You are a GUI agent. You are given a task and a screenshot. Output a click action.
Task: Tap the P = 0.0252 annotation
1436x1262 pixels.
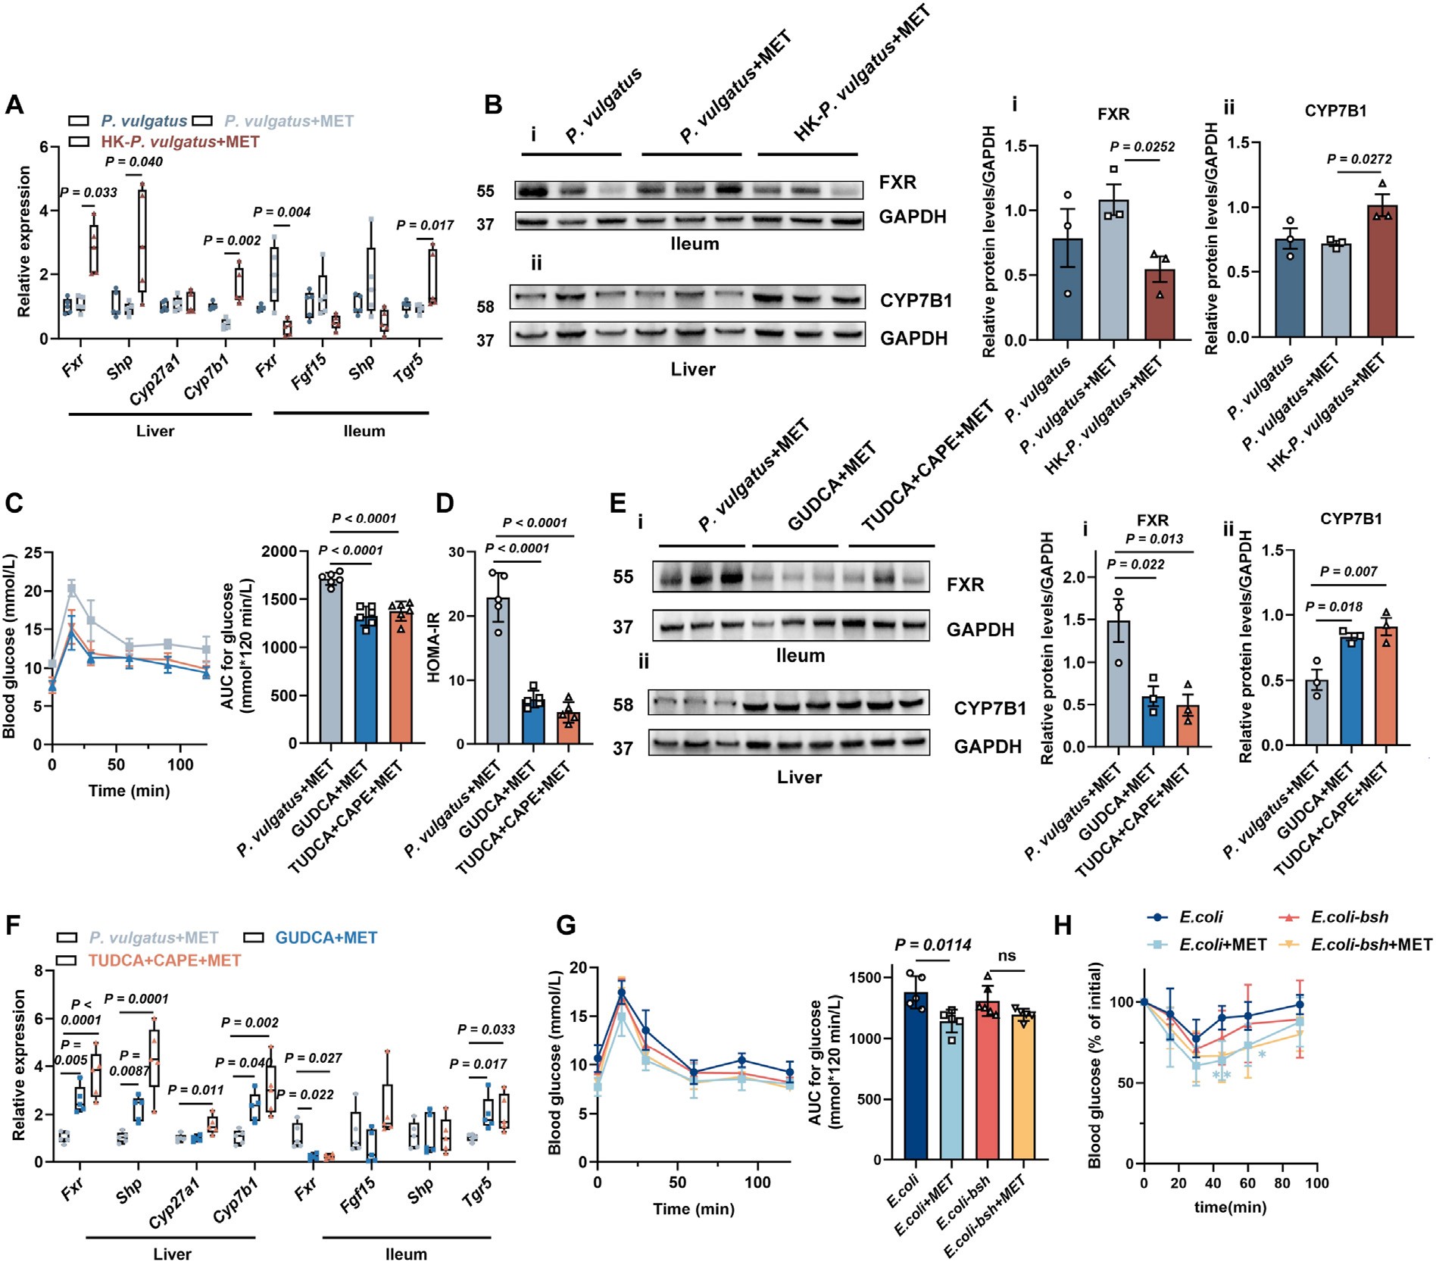(x=1142, y=147)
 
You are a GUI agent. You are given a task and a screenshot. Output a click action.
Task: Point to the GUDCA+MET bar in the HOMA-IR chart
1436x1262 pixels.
(x=534, y=723)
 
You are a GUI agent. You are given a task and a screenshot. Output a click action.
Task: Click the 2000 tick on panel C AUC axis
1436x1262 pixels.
(x=279, y=551)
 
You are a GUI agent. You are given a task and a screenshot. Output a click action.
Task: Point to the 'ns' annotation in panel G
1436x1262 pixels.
(x=1007, y=956)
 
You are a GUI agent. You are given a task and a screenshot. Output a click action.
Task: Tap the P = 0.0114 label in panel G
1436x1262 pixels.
(x=933, y=945)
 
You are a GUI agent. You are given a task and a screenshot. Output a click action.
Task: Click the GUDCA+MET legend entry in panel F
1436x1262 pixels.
(x=326, y=938)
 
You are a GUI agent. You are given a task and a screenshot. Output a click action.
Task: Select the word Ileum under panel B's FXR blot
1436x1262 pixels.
(x=695, y=244)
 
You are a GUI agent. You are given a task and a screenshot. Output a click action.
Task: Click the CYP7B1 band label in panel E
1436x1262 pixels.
(x=989, y=708)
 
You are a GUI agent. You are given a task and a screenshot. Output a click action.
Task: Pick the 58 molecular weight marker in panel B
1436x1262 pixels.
(x=485, y=307)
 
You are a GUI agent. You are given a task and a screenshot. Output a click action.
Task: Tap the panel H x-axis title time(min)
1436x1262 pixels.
(x=1230, y=1207)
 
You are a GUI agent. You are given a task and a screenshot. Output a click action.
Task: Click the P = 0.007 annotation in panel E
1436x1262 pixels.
(x=1348, y=572)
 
